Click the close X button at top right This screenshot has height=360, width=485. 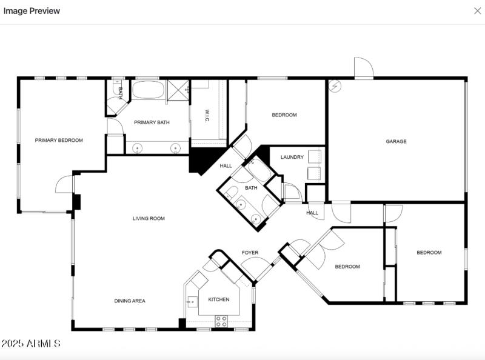(477, 11)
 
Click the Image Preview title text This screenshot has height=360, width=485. (32, 11)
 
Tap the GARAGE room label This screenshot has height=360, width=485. (396, 141)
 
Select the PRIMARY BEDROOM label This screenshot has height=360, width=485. (59, 140)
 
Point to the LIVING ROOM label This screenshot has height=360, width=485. (149, 218)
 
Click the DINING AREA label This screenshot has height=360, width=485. (130, 301)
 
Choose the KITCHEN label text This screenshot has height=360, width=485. (219, 299)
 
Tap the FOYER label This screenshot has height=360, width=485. (250, 252)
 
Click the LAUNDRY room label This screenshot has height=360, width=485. (292, 157)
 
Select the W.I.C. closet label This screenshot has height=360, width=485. (207, 116)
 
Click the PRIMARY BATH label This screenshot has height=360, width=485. (152, 122)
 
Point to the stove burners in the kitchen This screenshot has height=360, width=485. (221, 321)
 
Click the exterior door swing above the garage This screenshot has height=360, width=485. (363, 68)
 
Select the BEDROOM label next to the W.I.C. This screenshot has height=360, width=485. (284, 115)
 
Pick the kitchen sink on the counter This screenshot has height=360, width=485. (192, 301)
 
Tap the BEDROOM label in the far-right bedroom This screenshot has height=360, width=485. (429, 252)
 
